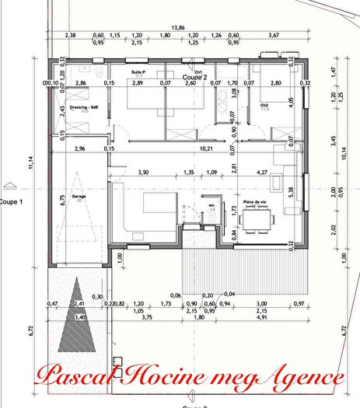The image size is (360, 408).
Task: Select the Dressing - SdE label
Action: [x=82, y=107]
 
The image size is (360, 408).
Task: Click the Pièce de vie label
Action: [x=255, y=201]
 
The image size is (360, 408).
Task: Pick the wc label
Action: [x=211, y=206]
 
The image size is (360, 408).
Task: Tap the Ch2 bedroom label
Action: [x=264, y=105]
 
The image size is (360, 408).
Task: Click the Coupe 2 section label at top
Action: [x=194, y=78]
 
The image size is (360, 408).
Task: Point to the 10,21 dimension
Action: [x=206, y=148]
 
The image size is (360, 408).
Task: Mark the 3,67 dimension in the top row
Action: [x=271, y=36]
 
